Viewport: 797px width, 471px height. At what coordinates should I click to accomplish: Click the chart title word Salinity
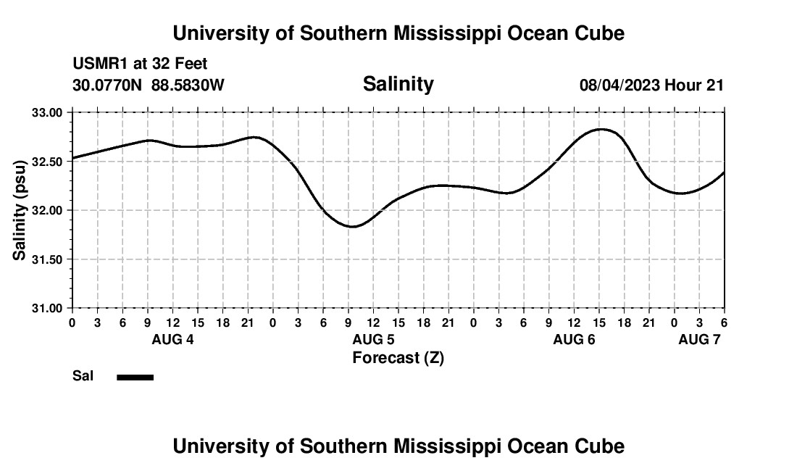coord(398,84)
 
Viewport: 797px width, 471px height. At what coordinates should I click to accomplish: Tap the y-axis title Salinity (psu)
coord(20,211)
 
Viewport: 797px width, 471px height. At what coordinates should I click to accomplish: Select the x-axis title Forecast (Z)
coord(398,357)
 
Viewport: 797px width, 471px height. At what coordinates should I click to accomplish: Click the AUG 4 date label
coord(172,340)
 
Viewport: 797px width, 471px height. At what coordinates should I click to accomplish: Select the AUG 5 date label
coord(373,340)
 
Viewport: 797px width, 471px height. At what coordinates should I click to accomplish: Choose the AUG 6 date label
coord(574,340)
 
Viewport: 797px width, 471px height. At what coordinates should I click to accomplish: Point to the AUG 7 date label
coord(699,340)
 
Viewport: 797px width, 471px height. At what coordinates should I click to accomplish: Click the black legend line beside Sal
coord(135,377)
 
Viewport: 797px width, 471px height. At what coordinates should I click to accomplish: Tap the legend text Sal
coord(83,376)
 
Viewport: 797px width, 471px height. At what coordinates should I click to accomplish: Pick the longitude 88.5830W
coord(188,86)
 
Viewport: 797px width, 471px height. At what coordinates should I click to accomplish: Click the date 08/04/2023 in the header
coord(619,86)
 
